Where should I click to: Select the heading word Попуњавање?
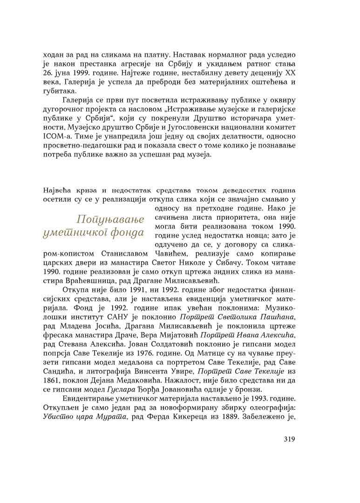point(110,219)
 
